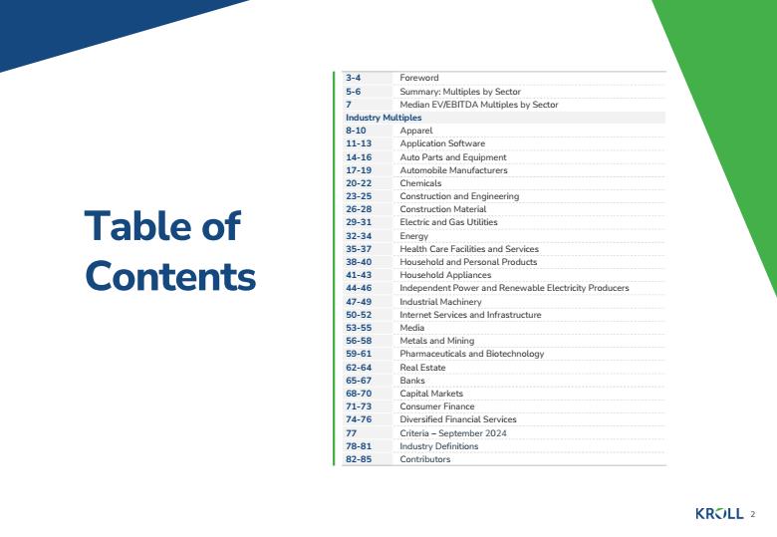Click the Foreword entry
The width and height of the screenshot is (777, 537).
419,78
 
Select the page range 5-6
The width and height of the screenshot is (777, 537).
354,92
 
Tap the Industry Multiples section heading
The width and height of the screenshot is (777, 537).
384,118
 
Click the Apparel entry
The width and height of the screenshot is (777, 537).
416,131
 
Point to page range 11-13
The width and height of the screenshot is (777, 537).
359,143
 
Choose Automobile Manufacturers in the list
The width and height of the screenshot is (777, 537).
454,170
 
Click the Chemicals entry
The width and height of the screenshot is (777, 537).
420,183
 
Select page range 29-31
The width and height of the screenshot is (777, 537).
359,222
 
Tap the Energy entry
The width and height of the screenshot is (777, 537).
414,236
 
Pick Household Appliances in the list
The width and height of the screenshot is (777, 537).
445,275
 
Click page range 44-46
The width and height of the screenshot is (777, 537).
359,288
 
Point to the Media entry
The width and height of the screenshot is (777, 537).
412,328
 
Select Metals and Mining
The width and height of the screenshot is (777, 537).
437,341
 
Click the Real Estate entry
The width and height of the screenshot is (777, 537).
422,368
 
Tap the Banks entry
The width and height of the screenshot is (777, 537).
412,381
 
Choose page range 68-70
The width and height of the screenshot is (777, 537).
359,394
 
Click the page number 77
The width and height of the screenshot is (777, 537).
352,433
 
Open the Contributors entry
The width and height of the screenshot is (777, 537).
425,459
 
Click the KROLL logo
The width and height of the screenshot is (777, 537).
719,514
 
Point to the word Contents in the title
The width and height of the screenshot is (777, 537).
170,276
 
